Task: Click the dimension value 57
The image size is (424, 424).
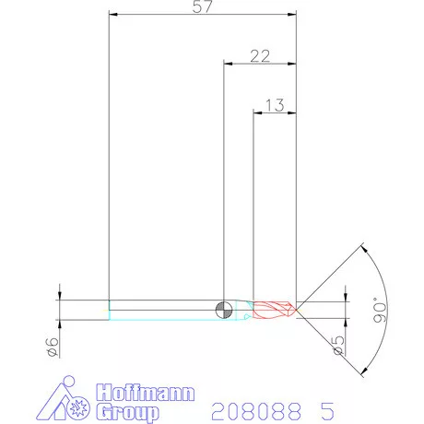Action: [x=204, y=7]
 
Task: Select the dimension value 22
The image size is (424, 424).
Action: [x=261, y=56]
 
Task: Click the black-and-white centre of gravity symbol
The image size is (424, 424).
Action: [x=224, y=309]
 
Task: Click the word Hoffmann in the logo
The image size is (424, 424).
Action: [x=147, y=392]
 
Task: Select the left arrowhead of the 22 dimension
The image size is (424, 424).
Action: [x=230, y=64]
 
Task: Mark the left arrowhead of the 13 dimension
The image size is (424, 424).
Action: [x=259, y=112]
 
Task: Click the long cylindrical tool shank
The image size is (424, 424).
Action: [x=166, y=309]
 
